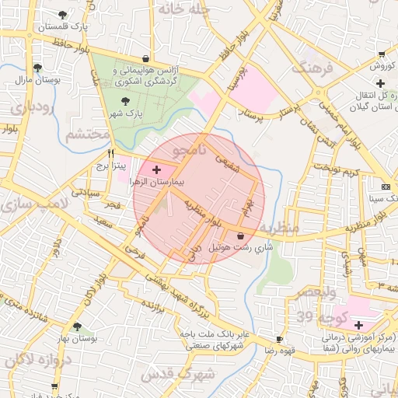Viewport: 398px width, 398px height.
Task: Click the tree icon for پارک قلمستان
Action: [61, 14]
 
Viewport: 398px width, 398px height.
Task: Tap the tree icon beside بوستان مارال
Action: [37, 68]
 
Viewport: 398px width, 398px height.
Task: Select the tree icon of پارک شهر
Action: [126, 100]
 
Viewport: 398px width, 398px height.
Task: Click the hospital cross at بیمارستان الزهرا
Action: [157, 169]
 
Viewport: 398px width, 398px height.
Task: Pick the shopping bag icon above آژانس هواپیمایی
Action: [146, 59]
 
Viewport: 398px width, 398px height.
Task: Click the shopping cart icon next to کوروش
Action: [381, 54]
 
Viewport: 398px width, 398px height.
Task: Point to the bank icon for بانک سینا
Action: [386, 187]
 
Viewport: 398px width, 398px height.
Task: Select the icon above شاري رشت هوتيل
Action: [239, 236]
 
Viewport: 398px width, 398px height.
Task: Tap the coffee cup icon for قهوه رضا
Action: [280, 340]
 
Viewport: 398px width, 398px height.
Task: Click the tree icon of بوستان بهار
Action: [76, 327]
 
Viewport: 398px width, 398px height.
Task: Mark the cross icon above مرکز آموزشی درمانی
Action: [358, 324]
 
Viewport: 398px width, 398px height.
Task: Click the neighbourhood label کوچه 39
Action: [314, 317]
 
